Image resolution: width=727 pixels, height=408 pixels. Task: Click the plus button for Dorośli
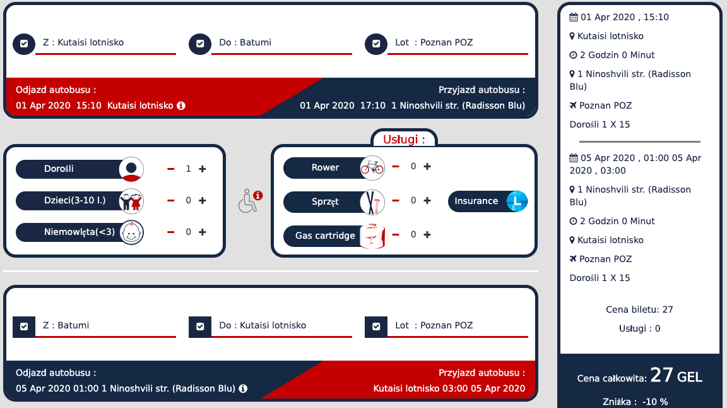[x=202, y=169]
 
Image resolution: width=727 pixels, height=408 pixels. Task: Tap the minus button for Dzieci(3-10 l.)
[x=170, y=200]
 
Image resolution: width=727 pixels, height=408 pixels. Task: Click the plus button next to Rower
[x=427, y=166]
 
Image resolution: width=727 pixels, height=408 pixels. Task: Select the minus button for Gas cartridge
[x=396, y=234]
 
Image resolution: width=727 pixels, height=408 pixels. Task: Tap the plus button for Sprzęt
[x=427, y=200]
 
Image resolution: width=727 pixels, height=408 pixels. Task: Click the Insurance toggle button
[x=488, y=201]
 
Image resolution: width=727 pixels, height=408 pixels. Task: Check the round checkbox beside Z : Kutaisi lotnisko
[x=24, y=44]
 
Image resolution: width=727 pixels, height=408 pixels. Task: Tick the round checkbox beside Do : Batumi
[x=200, y=44]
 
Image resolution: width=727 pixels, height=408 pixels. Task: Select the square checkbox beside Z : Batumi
[x=24, y=327]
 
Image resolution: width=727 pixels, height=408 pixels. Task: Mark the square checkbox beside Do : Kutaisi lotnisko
[x=200, y=327]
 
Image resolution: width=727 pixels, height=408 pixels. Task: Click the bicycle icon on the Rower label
[x=372, y=167]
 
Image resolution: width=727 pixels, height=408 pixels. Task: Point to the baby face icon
[x=132, y=232]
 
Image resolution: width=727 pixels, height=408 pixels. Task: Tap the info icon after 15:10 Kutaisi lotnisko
[x=181, y=105]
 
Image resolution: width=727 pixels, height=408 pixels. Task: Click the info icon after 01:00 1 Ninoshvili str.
[x=243, y=388]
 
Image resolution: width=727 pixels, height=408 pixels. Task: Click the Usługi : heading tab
[x=404, y=139]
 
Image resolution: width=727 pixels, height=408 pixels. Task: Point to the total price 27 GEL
[x=676, y=375]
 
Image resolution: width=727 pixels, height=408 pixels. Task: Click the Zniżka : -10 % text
[x=635, y=402]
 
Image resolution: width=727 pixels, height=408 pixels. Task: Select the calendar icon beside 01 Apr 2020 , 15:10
[x=574, y=17]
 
